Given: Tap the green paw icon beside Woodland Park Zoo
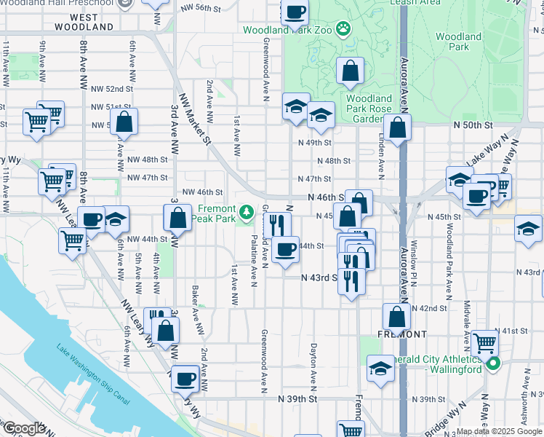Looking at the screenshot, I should click(x=342, y=30).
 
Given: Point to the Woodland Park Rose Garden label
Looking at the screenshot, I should click(x=369, y=109).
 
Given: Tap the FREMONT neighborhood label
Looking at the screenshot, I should click(x=402, y=334).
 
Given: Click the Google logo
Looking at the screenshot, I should click(x=23, y=428).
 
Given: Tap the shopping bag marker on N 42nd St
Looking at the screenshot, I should click(x=396, y=317).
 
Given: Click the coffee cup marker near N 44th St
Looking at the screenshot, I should click(x=287, y=249).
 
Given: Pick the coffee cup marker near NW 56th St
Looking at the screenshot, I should click(x=295, y=12).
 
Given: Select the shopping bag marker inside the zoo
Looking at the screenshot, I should click(x=350, y=71).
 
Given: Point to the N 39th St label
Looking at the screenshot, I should click(x=299, y=399).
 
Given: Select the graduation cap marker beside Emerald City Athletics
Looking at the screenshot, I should click(x=380, y=368).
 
